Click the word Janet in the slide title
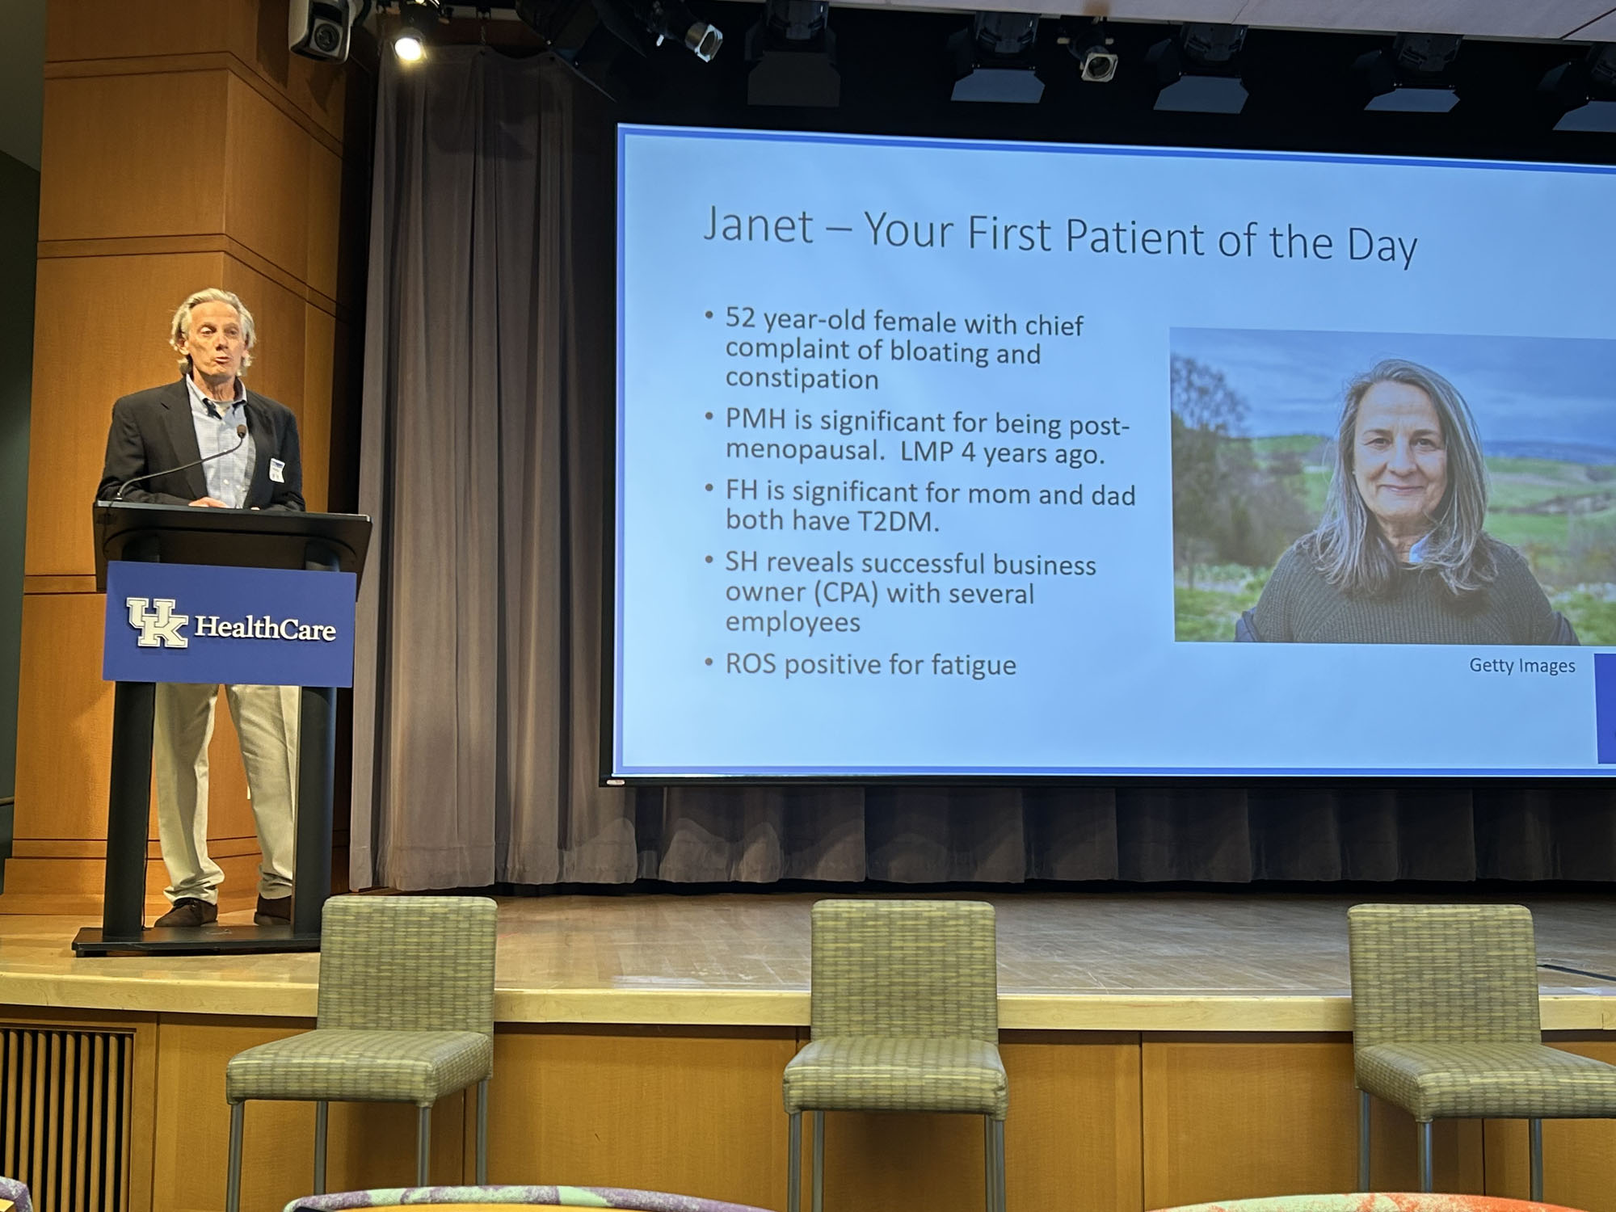click(x=758, y=225)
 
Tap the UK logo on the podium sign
click(x=157, y=622)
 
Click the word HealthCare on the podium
click(x=265, y=628)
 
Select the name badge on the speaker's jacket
click(x=276, y=470)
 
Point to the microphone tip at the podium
click(x=242, y=431)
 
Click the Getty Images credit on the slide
click(x=1521, y=666)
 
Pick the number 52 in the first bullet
click(x=740, y=318)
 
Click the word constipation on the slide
click(x=802, y=378)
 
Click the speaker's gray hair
click(x=212, y=315)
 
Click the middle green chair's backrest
click(x=903, y=970)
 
